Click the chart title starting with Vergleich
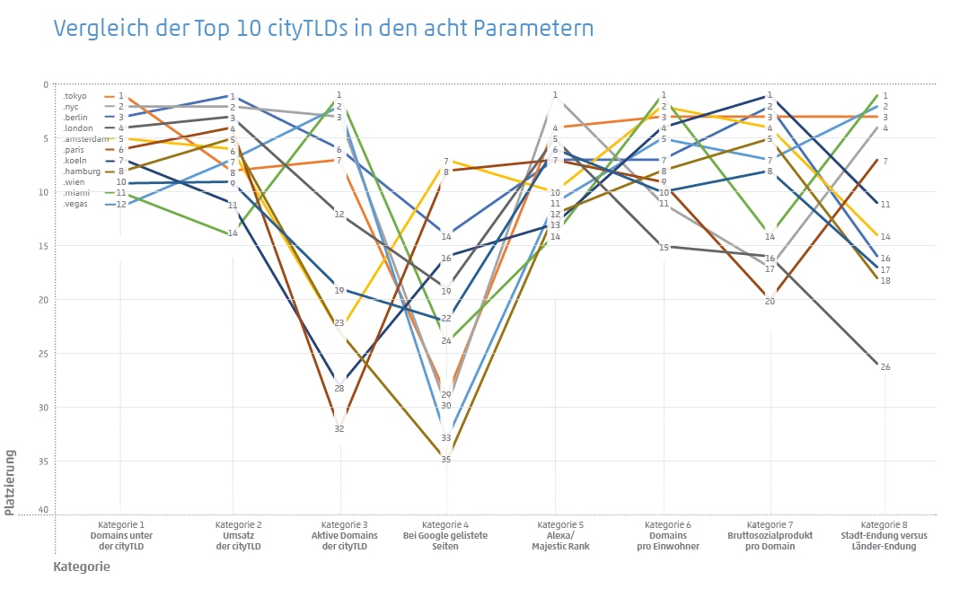(x=323, y=28)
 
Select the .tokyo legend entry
(x=75, y=96)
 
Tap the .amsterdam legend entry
(x=86, y=139)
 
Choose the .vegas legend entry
(x=75, y=204)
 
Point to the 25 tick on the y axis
(x=44, y=354)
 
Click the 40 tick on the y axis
(x=44, y=510)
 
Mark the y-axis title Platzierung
(x=10, y=482)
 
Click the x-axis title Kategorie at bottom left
(x=82, y=567)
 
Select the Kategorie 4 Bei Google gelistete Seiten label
(x=446, y=535)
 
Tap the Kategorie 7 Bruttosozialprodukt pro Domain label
(x=770, y=535)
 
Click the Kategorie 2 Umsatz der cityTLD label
(x=239, y=535)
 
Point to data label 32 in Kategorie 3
(x=339, y=429)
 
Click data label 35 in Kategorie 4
(x=446, y=460)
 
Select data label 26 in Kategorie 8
(x=885, y=367)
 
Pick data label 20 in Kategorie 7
(x=770, y=302)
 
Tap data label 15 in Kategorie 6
(x=664, y=247)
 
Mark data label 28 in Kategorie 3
(x=339, y=389)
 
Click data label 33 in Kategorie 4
(x=446, y=438)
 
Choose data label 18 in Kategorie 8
(x=885, y=281)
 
